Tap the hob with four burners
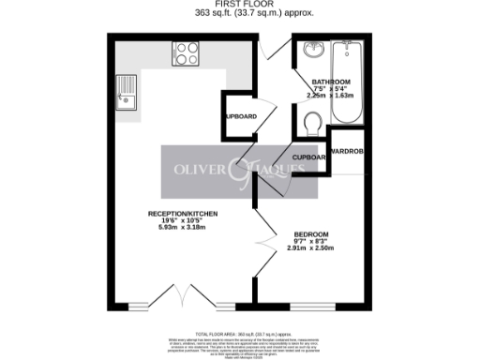184,53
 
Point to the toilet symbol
314,121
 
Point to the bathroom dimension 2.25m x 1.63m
330,96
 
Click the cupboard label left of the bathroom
239,116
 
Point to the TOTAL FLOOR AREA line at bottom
240,334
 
